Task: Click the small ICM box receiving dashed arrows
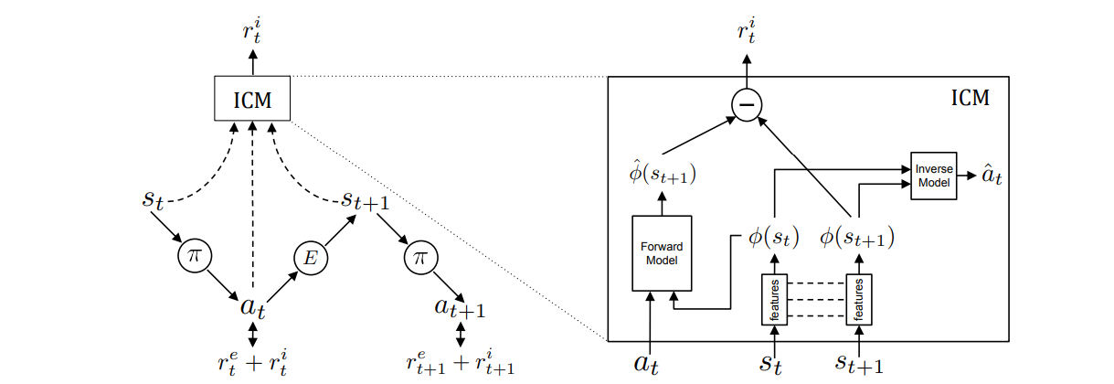pos(251,98)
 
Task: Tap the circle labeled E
pos(310,260)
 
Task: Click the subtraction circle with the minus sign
pos(747,106)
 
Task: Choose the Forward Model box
pos(662,253)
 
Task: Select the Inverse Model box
pos(933,176)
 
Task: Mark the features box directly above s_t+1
pos(858,299)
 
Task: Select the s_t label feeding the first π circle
pos(154,198)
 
